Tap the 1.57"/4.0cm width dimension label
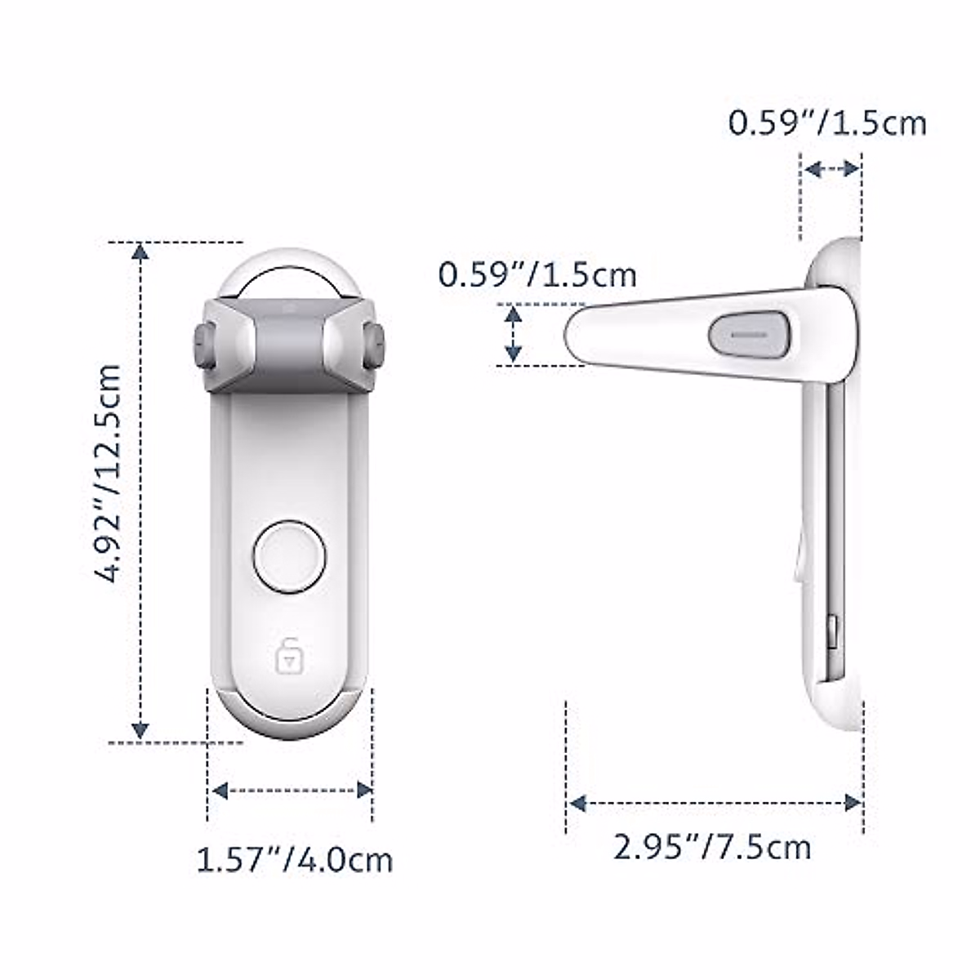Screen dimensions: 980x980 pos(295,860)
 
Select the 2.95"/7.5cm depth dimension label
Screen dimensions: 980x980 pos(712,847)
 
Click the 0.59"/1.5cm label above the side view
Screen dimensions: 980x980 pos(827,123)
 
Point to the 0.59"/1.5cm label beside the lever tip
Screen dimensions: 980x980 pos(537,274)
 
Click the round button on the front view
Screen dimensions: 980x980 pos(290,556)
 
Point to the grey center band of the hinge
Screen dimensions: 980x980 pos(289,335)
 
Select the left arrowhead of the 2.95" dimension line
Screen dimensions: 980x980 pos(577,803)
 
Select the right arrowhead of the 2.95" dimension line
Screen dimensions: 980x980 pos(853,803)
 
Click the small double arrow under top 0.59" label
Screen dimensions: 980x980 pos(831,169)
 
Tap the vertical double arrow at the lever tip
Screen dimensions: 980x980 pos(513,333)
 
